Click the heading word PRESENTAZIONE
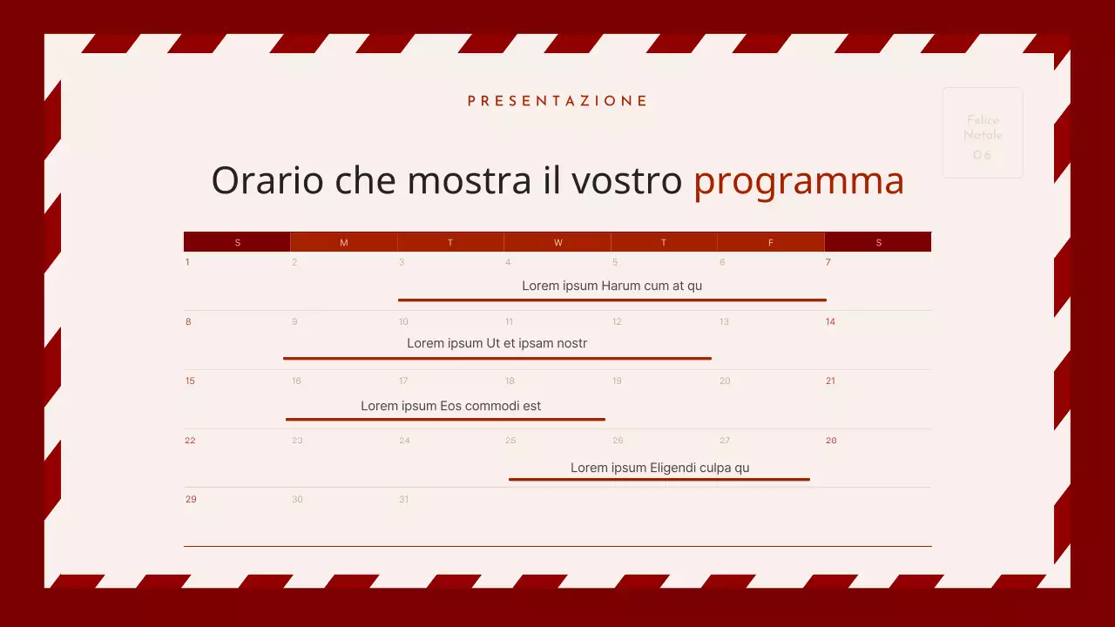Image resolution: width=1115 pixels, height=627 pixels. pyautogui.click(x=557, y=101)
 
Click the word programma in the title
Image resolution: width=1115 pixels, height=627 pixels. pyautogui.click(x=799, y=180)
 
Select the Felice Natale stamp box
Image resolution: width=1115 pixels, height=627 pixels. pyautogui.click(x=983, y=133)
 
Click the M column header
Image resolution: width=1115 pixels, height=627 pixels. pyautogui.click(x=343, y=242)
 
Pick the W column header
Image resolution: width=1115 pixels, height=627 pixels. pyautogui.click(x=557, y=242)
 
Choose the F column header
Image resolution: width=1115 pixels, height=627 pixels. pyautogui.click(x=770, y=242)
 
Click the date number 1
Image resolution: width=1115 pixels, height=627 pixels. pyautogui.click(x=187, y=262)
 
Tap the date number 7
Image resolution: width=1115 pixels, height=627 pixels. pyautogui.click(x=828, y=262)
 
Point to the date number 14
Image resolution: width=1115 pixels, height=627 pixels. pyautogui.click(x=830, y=321)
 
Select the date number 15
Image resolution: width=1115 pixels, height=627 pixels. pyautogui.click(x=190, y=381)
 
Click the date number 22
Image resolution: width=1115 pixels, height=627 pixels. pyautogui.click(x=190, y=440)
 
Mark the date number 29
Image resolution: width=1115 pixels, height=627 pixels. pyautogui.click(x=191, y=499)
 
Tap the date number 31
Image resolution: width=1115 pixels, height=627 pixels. pyautogui.click(x=403, y=499)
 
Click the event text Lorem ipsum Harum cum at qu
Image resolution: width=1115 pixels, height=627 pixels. pyautogui.click(x=612, y=286)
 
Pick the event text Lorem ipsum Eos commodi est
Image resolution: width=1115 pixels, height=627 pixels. pyautogui.click(x=450, y=406)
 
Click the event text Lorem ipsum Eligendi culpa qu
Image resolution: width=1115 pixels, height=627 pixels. pyautogui.click(x=659, y=468)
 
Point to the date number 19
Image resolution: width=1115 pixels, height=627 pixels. pyautogui.click(x=617, y=381)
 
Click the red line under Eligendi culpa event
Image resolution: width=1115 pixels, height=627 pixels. pyautogui.click(x=659, y=479)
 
